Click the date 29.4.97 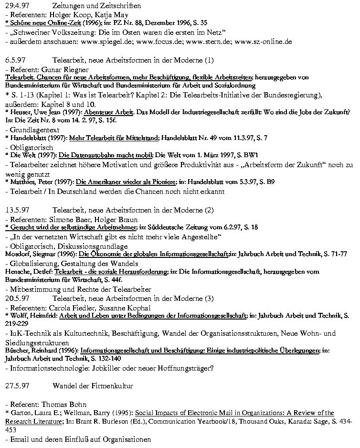click(15, 6)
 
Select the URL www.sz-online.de click(263, 42)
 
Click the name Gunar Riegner click(61, 69)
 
